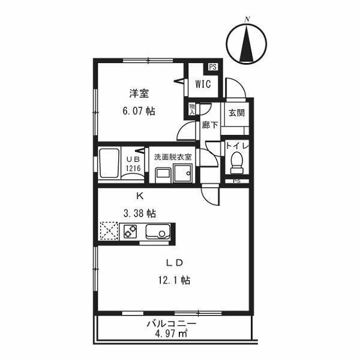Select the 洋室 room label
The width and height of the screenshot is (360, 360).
[139, 94]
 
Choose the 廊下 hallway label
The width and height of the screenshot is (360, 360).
[209, 125]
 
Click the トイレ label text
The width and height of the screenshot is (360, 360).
[236, 146]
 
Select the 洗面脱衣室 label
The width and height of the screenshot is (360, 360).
[173, 157]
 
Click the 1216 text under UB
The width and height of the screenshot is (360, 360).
[133, 169]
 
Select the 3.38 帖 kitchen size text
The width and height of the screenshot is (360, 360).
[140, 213]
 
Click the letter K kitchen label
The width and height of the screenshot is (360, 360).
[140, 196]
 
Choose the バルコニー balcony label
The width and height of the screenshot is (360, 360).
[172, 324]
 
